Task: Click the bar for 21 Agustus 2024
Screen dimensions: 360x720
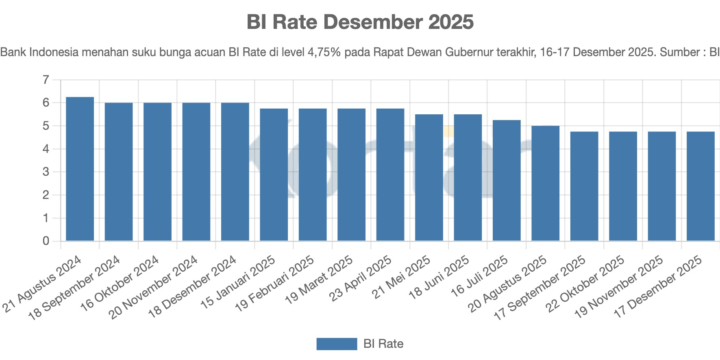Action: [80, 169]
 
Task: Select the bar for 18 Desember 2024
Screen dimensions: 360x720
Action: [235, 172]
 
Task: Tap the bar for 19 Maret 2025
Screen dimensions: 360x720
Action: [351, 175]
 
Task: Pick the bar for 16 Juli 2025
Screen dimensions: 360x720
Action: [507, 180]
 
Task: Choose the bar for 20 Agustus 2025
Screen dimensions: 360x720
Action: [545, 183]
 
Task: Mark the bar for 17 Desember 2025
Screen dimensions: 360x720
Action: [700, 186]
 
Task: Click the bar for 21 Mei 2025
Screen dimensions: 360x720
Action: [429, 177]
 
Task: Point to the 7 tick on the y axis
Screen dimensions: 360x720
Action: [46, 80]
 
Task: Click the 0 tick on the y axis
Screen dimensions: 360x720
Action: [46, 241]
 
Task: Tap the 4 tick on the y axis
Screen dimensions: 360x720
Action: [46, 149]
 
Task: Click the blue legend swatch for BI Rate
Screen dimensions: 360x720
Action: [337, 344]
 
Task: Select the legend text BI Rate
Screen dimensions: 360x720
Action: [383, 344]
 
